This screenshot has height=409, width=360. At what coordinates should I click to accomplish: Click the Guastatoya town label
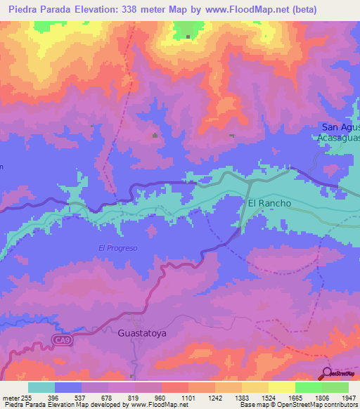click(x=143, y=334)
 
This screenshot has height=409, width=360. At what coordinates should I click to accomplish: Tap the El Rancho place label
click(x=269, y=203)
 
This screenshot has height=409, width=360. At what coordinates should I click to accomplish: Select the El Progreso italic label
click(x=117, y=248)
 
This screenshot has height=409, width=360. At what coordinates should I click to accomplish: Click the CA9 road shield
click(x=63, y=341)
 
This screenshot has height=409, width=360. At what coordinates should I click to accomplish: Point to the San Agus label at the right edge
click(x=340, y=127)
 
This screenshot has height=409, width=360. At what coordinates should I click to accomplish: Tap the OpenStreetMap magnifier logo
click(x=328, y=373)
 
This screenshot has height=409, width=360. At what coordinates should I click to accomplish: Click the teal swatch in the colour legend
click(x=41, y=387)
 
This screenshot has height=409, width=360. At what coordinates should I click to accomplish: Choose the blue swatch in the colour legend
click(x=68, y=387)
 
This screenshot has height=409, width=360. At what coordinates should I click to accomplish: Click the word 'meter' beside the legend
click(x=11, y=398)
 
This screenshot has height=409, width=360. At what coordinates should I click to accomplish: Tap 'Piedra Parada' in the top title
click(x=37, y=10)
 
